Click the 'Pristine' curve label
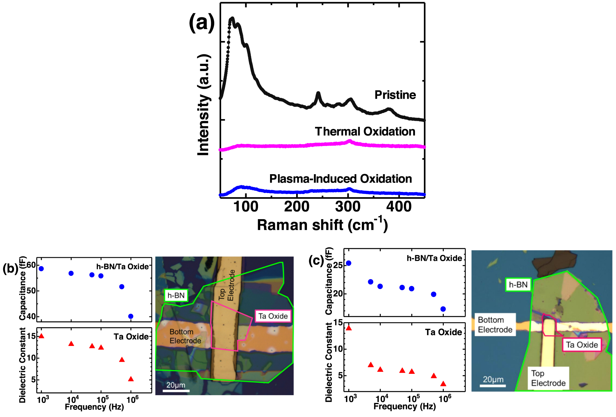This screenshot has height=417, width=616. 395,95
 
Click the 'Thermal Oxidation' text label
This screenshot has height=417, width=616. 365,132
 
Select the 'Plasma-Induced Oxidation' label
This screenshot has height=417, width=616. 341,179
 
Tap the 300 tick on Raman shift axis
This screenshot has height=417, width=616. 348,207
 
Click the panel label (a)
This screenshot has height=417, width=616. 202,23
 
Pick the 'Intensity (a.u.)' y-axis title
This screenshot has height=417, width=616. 203,105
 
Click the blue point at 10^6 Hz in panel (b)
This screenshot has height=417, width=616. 131,316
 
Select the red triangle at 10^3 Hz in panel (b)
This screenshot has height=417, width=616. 41,336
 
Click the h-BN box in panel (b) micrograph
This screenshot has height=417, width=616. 176,296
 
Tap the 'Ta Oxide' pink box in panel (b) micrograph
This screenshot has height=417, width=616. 273,316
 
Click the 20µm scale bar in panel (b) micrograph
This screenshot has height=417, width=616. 176,390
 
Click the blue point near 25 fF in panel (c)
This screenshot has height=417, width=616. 348,263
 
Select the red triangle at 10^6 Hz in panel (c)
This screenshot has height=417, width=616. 443,384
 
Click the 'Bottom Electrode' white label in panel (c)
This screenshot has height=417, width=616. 495,325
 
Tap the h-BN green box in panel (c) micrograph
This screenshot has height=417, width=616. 518,284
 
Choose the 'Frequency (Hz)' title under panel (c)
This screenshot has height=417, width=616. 404,406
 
